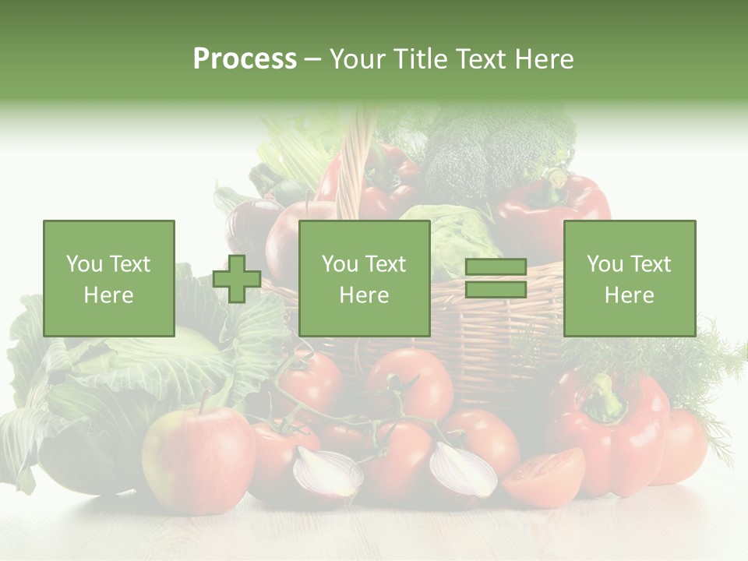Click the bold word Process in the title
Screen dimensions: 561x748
click(x=245, y=59)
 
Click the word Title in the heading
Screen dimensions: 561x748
click(x=421, y=59)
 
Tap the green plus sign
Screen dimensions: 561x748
click(x=237, y=278)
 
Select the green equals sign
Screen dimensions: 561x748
click(x=496, y=278)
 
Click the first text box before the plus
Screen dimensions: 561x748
click(x=109, y=278)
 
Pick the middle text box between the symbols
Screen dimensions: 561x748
click(x=364, y=278)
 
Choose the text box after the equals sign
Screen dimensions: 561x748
click(x=629, y=278)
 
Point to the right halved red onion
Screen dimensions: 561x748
click(x=463, y=469)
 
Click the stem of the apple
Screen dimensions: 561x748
click(x=204, y=400)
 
